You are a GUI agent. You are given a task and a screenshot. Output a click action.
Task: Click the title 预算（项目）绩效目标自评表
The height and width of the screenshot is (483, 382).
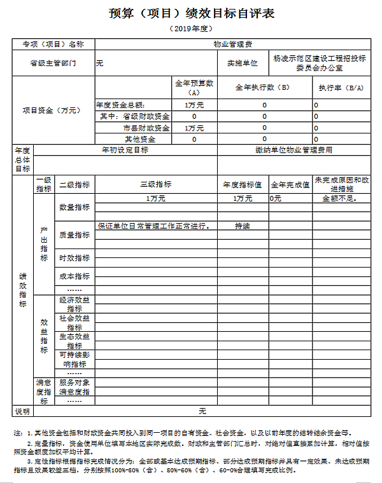(x=192, y=14)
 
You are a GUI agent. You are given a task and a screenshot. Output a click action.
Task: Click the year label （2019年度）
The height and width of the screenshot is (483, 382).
(x=191, y=29)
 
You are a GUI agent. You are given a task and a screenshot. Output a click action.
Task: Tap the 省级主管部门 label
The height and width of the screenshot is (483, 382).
(x=53, y=63)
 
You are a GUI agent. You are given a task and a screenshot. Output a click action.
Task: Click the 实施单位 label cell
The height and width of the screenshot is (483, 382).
(x=242, y=63)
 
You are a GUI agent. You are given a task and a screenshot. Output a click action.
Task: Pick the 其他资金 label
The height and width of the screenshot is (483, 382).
(x=139, y=139)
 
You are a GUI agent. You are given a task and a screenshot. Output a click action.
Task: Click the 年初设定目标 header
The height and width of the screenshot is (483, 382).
(x=125, y=151)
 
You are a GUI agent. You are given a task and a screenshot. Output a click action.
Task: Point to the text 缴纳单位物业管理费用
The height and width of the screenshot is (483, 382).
(x=294, y=151)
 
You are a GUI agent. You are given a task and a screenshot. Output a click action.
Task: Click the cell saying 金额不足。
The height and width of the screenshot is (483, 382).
(x=339, y=199)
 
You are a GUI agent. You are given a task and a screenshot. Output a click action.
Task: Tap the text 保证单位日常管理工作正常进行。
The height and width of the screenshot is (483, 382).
(x=154, y=226)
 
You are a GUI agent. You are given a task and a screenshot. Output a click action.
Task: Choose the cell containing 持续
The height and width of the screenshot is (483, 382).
(x=242, y=226)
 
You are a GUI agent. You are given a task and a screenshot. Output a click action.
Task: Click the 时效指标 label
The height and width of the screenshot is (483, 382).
(x=74, y=258)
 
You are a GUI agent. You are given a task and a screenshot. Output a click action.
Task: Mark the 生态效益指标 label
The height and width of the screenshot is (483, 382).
(x=74, y=341)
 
